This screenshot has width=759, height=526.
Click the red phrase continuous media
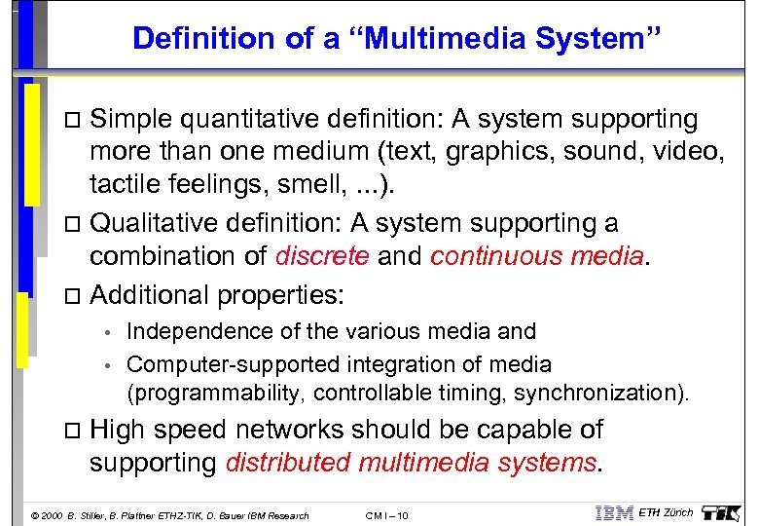537,256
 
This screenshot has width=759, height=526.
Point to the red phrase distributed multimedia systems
410,463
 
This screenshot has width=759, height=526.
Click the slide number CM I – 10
387,514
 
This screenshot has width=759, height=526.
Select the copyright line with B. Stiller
170,514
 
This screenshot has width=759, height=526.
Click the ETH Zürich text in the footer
667,512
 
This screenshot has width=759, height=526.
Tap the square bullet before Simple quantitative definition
68,121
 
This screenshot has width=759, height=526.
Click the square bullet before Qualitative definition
68,225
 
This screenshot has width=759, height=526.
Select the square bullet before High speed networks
68,431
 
